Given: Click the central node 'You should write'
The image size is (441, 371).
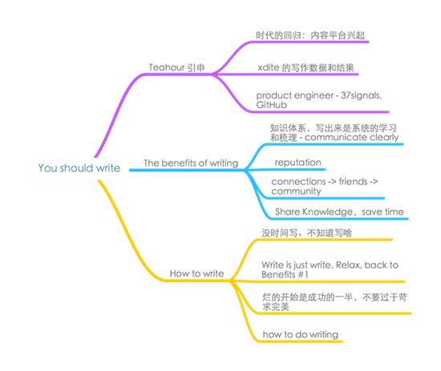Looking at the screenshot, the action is pyautogui.click(x=79, y=168).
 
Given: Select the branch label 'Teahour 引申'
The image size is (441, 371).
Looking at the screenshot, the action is pyautogui.click(x=176, y=67).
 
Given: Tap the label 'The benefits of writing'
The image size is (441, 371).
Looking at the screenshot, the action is pyautogui.click(x=191, y=163).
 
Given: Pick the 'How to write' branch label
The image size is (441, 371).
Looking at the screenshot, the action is pyautogui.click(x=197, y=273).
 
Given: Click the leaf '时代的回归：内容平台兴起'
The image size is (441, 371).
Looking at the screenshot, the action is pyautogui.click(x=310, y=35).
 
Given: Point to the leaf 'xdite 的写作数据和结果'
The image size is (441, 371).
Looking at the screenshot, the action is pyautogui.click(x=305, y=68).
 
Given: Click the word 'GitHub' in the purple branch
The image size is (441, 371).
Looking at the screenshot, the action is pyautogui.click(x=271, y=105).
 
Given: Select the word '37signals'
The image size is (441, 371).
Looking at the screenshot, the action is pyautogui.click(x=361, y=95).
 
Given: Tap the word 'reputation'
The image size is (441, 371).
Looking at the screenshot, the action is pyautogui.click(x=297, y=163).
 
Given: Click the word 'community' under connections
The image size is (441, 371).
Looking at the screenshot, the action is pyautogui.click(x=296, y=192).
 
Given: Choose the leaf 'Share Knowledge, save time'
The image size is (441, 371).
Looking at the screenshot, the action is pyautogui.click(x=339, y=212).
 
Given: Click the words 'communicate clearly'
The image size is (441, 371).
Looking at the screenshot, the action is pyautogui.click(x=352, y=138).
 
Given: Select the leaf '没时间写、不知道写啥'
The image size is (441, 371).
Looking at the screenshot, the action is pyautogui.click(x=306, y=233).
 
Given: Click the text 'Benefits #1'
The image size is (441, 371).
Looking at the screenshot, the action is pyautogui.click(x=285, y=275).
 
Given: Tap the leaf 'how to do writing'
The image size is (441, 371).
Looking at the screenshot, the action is pyautogui.click(x=301, y=334).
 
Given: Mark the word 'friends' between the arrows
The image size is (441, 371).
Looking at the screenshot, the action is pyautogui.click(x=354, y=182).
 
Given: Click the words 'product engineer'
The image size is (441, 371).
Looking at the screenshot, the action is pyautogui.click(x=295, y=95).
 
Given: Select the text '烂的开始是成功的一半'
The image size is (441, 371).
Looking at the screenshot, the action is pyautogui.click(x=307, y=297).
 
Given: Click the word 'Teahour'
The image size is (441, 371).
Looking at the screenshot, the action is pyautogui.click(x=167, y=67).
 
